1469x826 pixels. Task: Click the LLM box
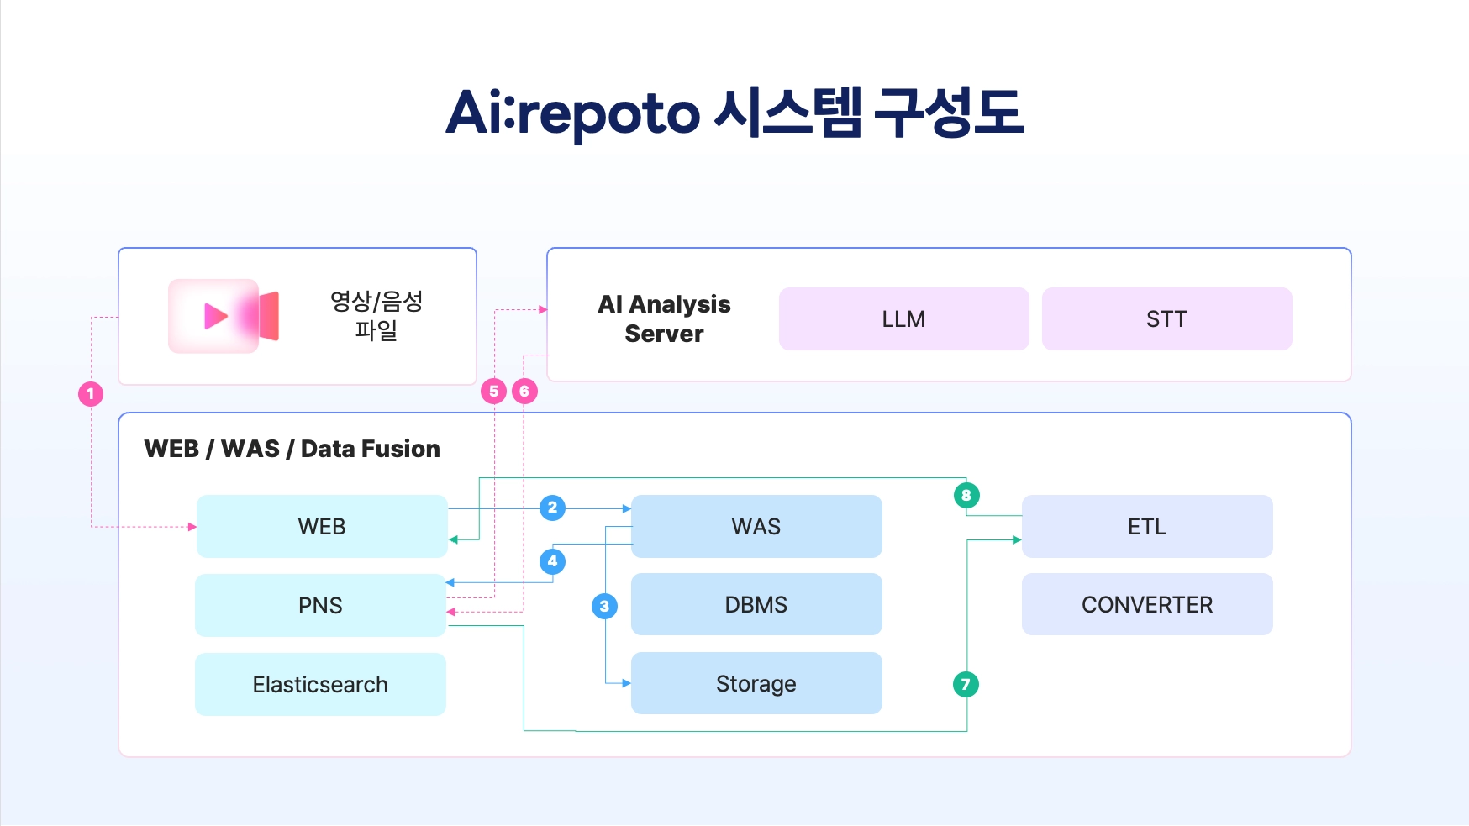click(x=903, y=318)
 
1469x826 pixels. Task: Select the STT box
click(x=1166, y=318)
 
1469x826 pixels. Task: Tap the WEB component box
click(x=321, y=526)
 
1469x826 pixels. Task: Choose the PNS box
click(x=320, y=605)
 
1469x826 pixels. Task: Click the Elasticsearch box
click(x=320, y=684)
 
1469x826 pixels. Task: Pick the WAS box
click(x=756, y=526)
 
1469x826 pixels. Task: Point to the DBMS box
click(x=756, y=604)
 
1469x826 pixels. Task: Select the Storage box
click(x=756, y=683)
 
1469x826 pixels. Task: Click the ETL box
click(x=1147, y=526)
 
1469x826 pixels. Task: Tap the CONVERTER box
click(x=1147, y=604)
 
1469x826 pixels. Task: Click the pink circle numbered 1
click(x=91, y=393)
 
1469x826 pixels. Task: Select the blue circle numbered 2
click(x=552, y=508)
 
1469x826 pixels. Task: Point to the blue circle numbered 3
click(x=604, y=606)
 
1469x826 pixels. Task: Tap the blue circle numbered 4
click(x=552, y=561)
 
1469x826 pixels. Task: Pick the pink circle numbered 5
click(x=493, y=391)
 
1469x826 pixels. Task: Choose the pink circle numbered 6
click(x=524, y=391)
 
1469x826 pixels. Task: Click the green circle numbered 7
click(x=966, y=684)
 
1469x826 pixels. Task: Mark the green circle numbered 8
click(x=966, y=495)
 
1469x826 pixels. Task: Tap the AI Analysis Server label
click(x=664, y=318)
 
